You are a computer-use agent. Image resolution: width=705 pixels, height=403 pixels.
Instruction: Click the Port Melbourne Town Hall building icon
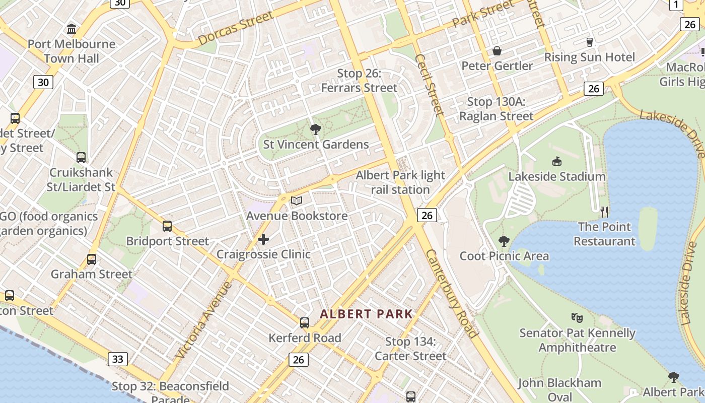(72, 29)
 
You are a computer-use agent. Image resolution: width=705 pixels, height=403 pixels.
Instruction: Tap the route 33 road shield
(117, 359)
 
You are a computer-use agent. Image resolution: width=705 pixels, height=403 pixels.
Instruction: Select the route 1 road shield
(676, 5)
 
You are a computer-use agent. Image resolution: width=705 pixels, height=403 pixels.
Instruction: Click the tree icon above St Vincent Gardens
(316, 130)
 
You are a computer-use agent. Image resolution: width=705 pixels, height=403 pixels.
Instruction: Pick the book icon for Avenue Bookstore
(297, 201)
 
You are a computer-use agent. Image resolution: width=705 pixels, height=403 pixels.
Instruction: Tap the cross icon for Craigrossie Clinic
(263, 239)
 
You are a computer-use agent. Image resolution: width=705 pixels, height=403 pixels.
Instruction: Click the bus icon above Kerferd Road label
(305, 323)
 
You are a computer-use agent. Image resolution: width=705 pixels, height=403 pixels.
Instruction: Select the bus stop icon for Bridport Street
(167, 226)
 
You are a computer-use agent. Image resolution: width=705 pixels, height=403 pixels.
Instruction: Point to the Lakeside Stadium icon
(557, 162)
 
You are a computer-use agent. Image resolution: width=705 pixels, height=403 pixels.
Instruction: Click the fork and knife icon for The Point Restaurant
(604, 212)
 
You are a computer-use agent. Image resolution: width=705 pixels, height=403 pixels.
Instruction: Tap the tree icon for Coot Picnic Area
(504, 241)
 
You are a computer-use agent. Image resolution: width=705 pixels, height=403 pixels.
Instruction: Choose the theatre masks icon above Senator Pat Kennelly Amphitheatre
(577, 317)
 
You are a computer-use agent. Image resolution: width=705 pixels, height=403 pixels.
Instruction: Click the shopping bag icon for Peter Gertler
(497, 51)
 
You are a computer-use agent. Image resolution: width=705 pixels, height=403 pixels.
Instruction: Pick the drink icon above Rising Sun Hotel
(589, 42)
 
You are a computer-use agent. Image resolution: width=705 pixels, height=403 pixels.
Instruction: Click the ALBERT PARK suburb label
(366, 314)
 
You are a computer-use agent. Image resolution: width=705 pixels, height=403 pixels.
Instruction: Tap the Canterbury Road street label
(452, 294)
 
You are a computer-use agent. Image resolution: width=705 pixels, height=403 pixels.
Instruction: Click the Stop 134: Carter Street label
(410, 349)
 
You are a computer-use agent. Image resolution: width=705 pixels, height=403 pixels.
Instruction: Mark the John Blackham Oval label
(559, 389)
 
